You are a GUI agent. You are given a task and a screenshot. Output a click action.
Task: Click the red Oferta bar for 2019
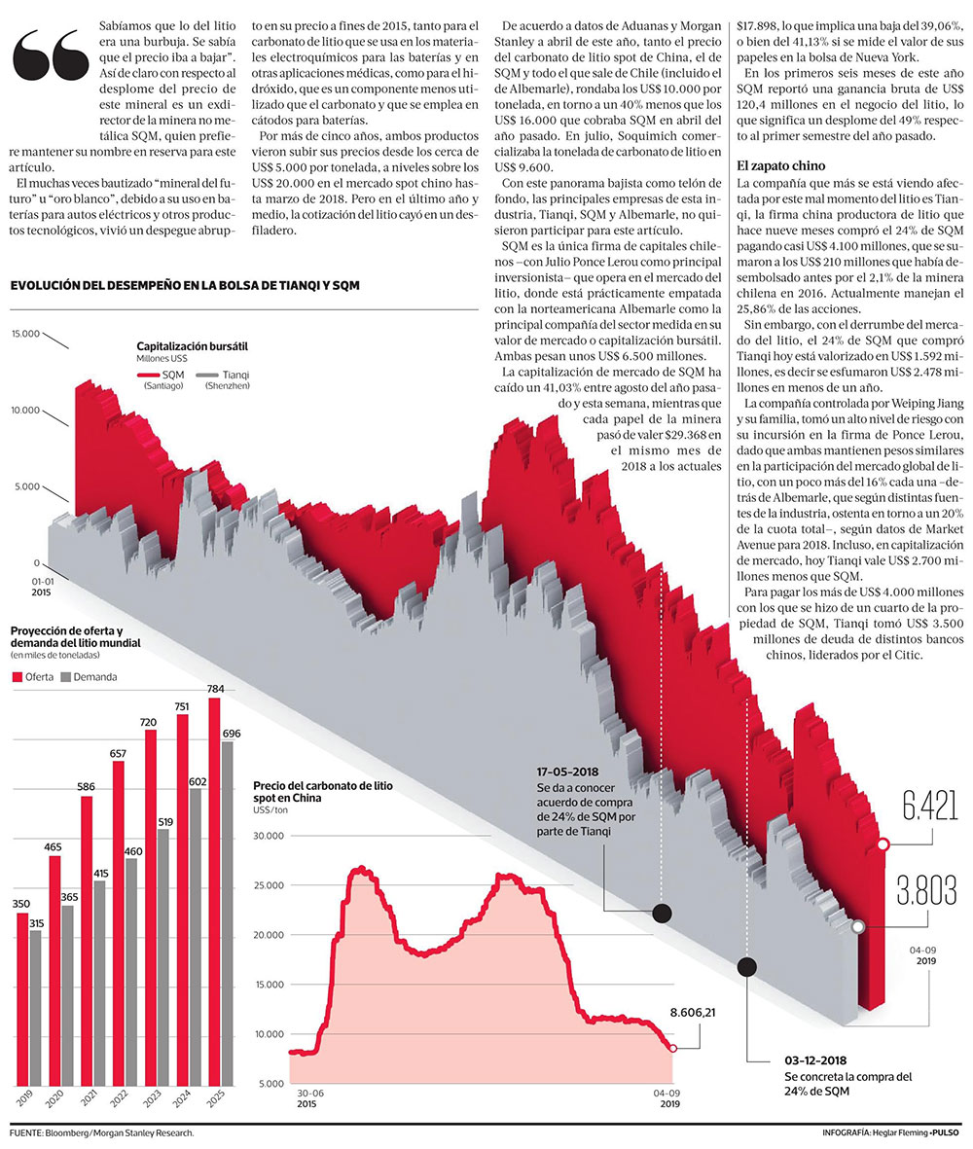(22, 997)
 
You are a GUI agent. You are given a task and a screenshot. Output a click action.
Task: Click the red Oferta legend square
(17, 676)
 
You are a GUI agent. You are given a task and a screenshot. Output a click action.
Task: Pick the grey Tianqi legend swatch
(205, 375)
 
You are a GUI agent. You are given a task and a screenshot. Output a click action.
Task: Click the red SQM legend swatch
(147, 375)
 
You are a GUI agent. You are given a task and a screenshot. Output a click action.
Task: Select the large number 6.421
(928, 807)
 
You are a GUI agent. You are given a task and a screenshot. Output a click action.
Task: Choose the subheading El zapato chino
(781, 165)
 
